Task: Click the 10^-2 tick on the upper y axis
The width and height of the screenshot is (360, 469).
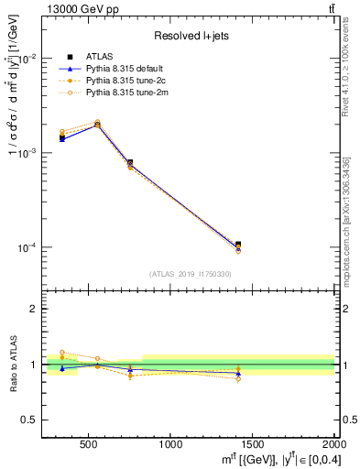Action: (27, 58)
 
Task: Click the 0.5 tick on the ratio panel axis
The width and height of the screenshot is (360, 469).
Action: (29, 420)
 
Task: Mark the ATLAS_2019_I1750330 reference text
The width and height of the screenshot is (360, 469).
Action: (191, 274)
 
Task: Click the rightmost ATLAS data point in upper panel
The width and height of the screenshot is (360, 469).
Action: (238, 245)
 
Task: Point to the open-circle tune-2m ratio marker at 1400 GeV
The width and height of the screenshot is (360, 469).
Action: (238, 378)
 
